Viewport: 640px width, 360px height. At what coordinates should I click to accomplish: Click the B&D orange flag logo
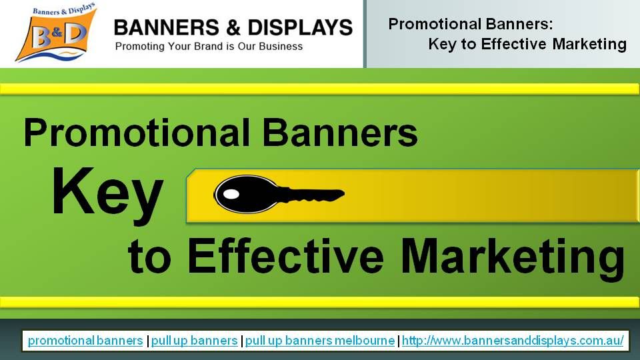[x=56, y=33]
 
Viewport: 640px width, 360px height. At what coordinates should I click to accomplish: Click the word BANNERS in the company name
[x=167, y=28]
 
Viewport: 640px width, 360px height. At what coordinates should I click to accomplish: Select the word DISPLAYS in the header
[x=300, y=28]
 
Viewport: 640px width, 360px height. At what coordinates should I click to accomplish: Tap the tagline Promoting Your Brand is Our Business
[x=209, y=47]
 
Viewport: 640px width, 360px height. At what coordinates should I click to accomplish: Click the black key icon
[x=279, y=194]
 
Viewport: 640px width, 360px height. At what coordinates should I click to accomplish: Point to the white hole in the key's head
[x=231, y=194]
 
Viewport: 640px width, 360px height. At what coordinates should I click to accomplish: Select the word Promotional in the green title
[x=137, y=133]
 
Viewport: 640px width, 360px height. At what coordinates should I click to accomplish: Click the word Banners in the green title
[x=340, y=133]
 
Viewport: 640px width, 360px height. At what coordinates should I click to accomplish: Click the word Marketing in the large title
[x=513, y=259]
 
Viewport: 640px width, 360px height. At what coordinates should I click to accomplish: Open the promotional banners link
[x=85, y=341]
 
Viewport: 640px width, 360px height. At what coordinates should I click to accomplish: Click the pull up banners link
[x=194, y=341]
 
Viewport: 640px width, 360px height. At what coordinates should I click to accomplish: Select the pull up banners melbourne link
[x=320, y=341]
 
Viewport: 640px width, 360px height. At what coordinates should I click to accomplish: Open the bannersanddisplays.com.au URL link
[x=513, y=341]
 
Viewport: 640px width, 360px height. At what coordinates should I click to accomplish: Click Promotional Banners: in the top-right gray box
[x=471, y=24]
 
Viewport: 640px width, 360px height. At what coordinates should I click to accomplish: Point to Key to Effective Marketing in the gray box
[x=527, y=44]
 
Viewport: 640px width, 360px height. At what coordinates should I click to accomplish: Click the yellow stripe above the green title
[x=320, y=89]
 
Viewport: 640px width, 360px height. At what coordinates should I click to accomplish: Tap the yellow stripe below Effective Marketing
[x=320, y=303]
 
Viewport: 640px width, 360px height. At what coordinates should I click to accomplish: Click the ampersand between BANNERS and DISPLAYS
[x=233, y=28]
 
